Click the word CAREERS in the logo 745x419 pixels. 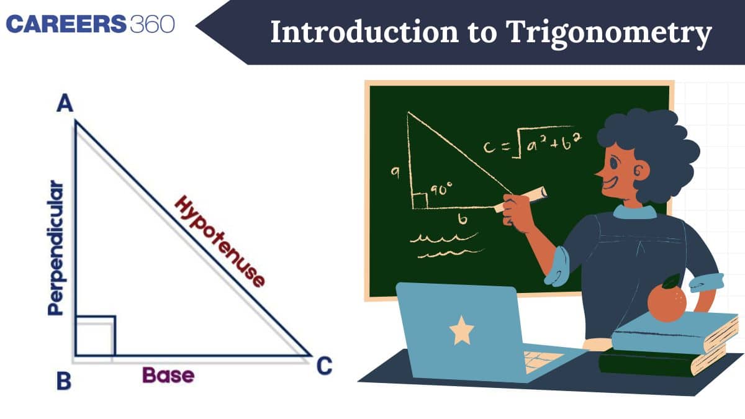(x=66, y=24)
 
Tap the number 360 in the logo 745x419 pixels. (x=152, y=24)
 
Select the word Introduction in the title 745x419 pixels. (x=365, y=32)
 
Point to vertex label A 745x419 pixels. (x=65, y=103)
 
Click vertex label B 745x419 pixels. (x=64, y=381)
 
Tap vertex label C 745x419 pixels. (x=324, y=366)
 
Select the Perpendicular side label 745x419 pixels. (x=55, y=248)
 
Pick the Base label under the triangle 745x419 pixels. (x=168, y=375)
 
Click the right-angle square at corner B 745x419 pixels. (x=96, y=336)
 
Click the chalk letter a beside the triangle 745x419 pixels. (x=395, y=172)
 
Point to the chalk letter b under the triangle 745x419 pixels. (x=463, y=219)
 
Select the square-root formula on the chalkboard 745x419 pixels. (x=533, y=143)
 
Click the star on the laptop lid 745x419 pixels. (x=462, y=330)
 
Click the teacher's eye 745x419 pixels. (x=614, y=163)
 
